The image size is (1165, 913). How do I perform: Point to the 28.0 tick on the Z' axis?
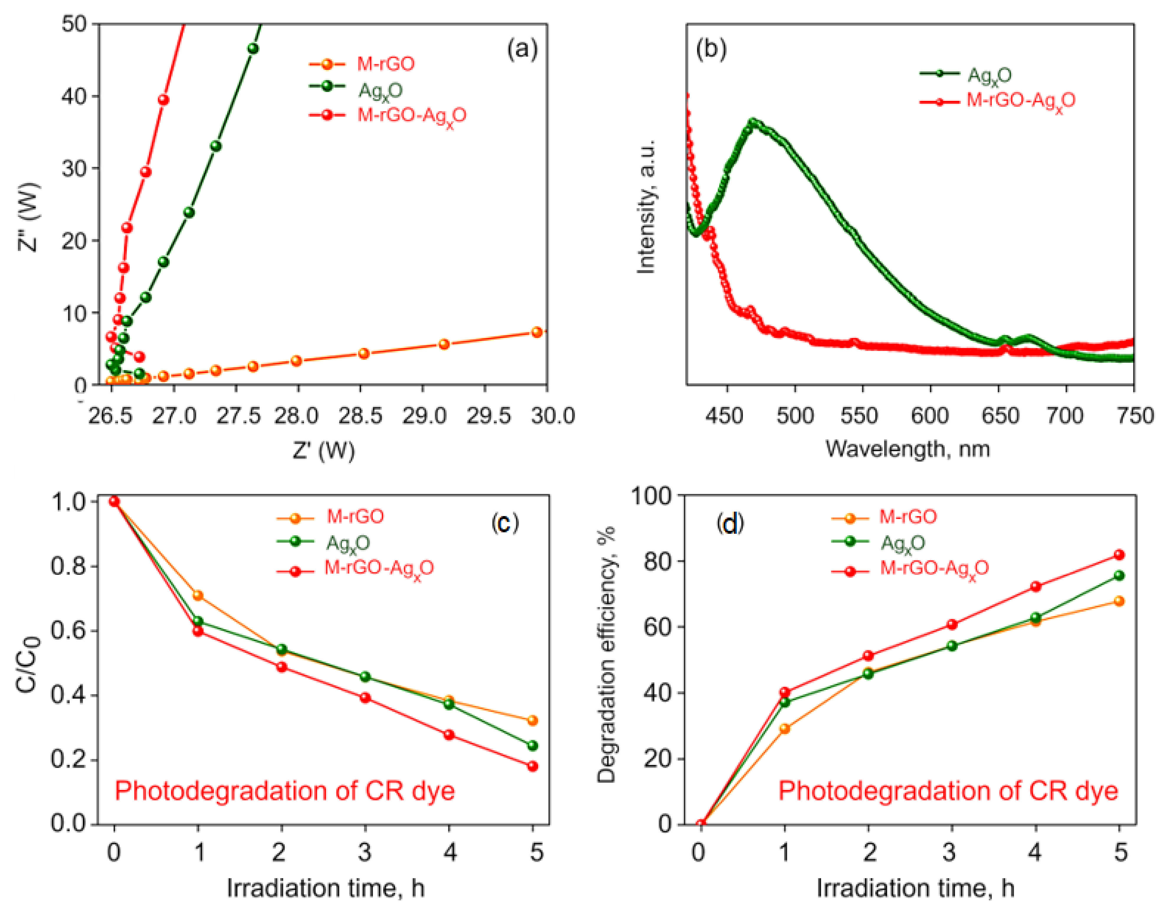coord(297,415)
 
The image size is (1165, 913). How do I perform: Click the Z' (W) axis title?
coord(323,451)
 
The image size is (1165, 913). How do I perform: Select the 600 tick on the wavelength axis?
coord(930,415)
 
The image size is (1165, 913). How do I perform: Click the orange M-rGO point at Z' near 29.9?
coord(537,332)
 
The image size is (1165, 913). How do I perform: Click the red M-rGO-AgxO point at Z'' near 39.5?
coord(164,100)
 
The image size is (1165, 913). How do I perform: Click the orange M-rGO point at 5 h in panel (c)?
coord(532,720)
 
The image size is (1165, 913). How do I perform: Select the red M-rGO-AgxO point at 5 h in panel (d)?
coord(1119,555)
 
